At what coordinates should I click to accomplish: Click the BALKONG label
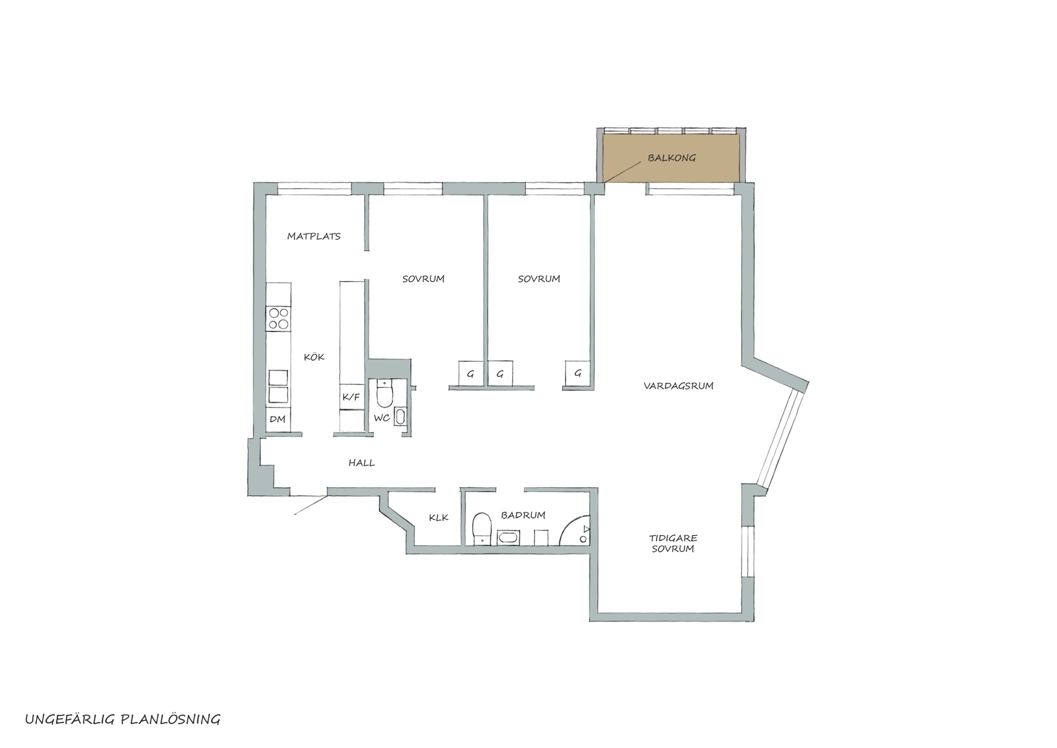point(671,158)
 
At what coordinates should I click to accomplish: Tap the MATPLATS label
point(314,237)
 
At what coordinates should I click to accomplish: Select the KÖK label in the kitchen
point(314,356)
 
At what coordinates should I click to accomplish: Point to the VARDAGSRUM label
point(678,386)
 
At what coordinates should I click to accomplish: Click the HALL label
point(361,463)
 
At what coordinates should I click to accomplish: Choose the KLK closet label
point(439,517)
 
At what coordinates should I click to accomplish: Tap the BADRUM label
point(523,515)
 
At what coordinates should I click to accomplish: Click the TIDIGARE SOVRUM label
point(672,543)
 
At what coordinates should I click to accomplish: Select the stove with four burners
point(278,318)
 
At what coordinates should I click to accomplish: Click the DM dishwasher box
point(278,419)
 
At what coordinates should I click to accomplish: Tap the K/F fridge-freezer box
point(351,397)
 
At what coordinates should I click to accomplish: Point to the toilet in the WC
point(385,394)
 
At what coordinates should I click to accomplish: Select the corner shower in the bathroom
point(575,531)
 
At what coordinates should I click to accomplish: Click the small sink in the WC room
point(400,416)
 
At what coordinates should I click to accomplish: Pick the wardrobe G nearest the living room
point(578,373)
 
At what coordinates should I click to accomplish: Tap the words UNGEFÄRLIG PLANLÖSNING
point(123,720)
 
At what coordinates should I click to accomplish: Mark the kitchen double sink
point(278,386)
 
